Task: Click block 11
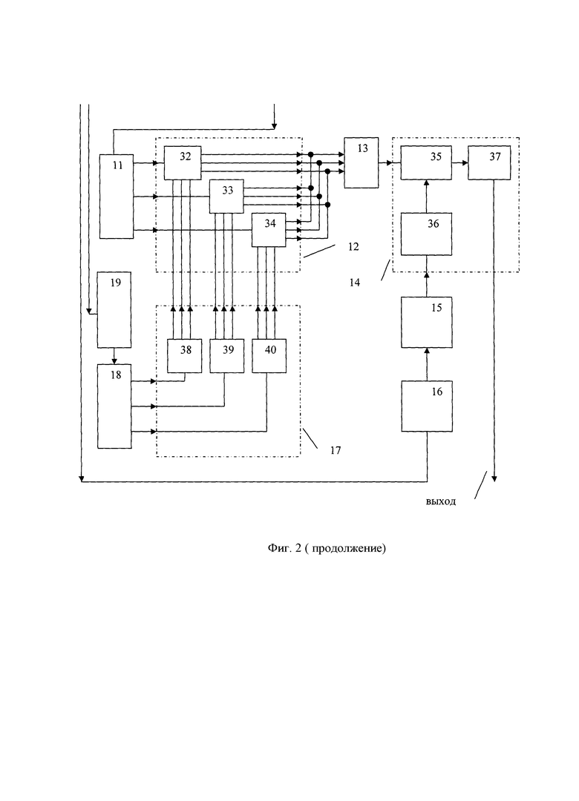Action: [117, 196]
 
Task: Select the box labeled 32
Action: [183, 162]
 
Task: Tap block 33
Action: [226, 197]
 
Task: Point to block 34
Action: [269, 230]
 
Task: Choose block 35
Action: [427, 162]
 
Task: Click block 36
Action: [427, 234]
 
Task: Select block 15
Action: [427, 321]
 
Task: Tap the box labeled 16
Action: [427, 405]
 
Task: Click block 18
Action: [115, 406]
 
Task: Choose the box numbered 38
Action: [184, 355]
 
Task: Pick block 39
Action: [226, 355]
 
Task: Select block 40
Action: [269, 355]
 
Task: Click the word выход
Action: [441, 501]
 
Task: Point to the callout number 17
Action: [336, 449]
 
